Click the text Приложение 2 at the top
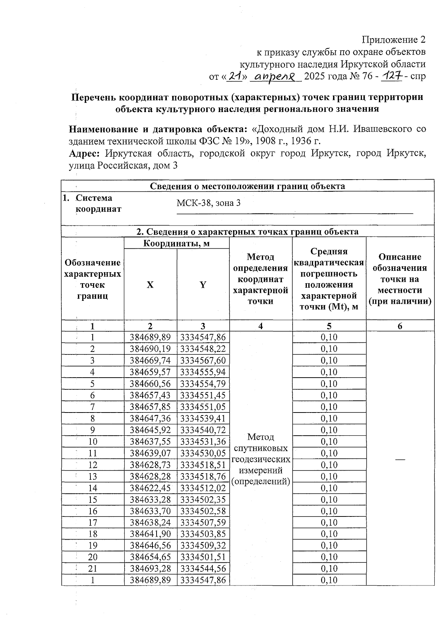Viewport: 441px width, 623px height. (394, 40)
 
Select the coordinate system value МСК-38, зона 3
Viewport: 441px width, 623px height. (208, 203)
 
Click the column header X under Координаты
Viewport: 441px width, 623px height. (150, 285)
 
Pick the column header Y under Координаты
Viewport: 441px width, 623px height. (203, 285)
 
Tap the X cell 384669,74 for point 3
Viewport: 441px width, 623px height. (150, 360)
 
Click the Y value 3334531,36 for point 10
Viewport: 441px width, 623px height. (203, 441)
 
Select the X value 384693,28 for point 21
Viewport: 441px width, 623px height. (150, 568)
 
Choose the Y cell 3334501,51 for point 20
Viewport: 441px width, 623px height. (203, 557)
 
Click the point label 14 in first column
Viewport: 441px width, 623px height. (93, 488)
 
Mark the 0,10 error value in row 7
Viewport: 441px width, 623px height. (329, 407)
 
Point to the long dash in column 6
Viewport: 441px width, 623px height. (400, 460)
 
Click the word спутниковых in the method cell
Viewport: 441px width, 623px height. (261, 449)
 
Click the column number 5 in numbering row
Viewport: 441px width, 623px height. (329, 326)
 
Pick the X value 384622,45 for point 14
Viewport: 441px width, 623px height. (150, 488)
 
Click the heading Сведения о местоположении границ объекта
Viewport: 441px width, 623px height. (247, 186)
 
